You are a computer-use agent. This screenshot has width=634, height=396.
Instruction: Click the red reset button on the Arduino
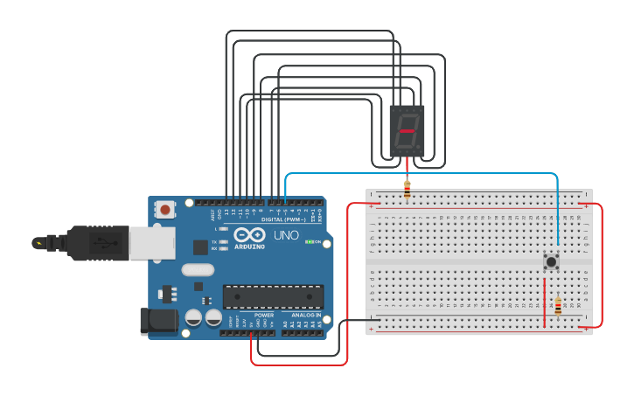164,209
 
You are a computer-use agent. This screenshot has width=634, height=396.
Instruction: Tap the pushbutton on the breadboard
552,261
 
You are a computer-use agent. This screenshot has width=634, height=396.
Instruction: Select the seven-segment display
407,131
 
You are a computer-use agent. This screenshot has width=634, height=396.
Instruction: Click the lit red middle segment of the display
408,130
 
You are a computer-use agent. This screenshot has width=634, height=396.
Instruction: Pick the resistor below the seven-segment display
407,188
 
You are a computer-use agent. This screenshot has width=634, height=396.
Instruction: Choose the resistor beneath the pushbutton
558,306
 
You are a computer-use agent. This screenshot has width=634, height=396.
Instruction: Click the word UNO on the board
285,235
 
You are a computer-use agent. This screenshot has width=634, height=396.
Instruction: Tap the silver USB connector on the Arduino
151,243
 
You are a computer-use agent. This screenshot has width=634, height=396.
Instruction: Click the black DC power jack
159,320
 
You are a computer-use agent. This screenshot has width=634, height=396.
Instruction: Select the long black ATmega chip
273,296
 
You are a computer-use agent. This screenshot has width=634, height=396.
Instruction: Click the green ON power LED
309,242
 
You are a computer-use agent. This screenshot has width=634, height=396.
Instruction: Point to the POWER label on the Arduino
264,315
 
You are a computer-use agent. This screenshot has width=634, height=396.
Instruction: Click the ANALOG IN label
306,315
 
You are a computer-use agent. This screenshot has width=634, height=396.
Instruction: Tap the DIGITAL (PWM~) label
283,219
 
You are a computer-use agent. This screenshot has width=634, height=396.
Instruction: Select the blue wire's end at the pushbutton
557,247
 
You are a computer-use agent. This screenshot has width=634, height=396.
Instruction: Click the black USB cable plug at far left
52,242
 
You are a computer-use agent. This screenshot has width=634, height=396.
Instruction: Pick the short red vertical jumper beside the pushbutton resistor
545,302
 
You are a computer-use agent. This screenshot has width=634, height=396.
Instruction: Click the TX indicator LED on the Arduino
224,241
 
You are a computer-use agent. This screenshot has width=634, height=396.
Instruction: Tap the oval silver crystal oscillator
199,270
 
